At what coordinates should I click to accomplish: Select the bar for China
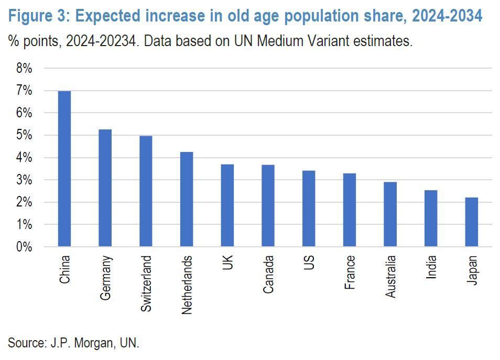(64, 169)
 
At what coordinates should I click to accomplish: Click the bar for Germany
(105, 188)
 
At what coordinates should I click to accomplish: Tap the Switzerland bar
(146, 191)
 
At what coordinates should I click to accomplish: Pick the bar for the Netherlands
(187, 199)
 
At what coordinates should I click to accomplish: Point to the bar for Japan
(471, 222)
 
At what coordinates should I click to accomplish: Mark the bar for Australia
(390, 214)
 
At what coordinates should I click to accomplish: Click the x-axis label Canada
(268, 274)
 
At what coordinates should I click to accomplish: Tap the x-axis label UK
(227, 263)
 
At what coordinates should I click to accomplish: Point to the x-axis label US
(309, 263)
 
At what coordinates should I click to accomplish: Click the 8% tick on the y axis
(23, 69)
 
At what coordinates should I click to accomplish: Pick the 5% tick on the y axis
(23, 136)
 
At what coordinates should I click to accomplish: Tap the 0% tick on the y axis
(23, 247)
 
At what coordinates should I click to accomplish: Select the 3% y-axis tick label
(23, 180)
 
